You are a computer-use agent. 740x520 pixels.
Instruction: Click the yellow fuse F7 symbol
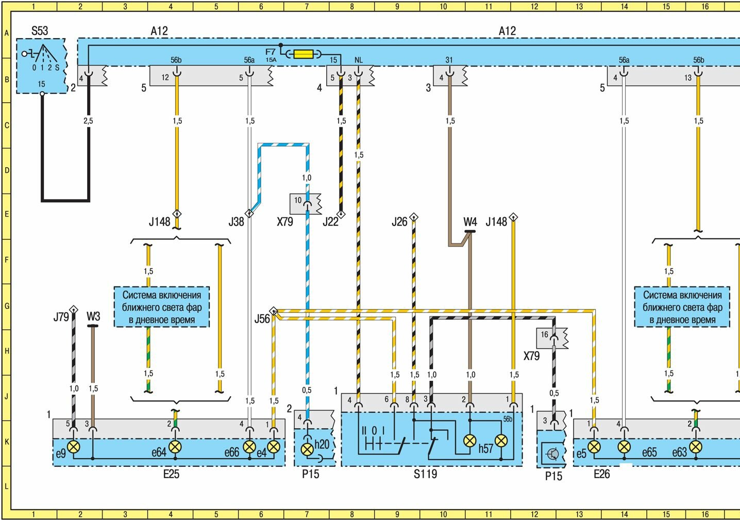point(303,54)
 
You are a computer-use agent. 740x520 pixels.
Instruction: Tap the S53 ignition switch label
point(40,31)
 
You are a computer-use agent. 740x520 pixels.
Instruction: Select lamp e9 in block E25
point(74,446)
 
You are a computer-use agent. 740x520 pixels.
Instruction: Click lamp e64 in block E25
point(175,446)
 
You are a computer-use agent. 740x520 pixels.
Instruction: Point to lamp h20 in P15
point(307,449)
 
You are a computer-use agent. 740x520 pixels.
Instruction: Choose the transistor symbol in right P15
point(553,454)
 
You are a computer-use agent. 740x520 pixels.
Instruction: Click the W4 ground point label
point(470,222)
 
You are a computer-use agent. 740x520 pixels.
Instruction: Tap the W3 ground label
point(93,316)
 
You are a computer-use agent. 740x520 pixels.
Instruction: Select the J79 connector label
point(61,317)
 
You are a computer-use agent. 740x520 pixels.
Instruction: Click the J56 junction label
point(262,319)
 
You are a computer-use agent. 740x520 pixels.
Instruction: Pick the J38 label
point(236,222)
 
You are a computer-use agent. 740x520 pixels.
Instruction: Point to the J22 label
point(330,222)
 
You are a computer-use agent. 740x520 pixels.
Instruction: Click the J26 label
point(399,222)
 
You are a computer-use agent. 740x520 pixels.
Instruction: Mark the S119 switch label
point(425,474)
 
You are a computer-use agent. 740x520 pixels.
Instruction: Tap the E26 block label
point(601,474)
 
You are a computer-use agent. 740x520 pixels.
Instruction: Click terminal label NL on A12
point(359,60)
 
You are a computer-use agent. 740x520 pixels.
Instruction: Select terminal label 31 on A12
point(449,60)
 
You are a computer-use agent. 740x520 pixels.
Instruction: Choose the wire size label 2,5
point(89,121)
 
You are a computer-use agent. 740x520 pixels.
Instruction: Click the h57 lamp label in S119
point(486,448)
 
